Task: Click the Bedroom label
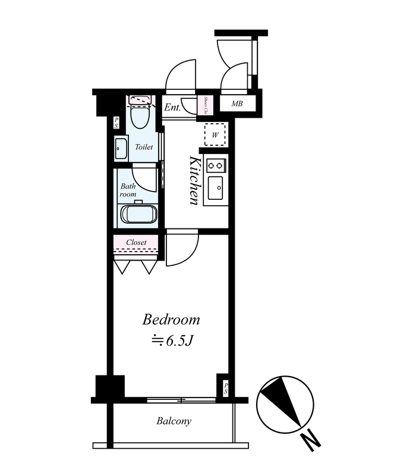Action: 171,320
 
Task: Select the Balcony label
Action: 174,421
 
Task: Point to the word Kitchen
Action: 194,180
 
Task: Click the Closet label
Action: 136,242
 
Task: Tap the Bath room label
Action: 128,190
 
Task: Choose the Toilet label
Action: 144,147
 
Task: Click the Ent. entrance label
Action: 172,107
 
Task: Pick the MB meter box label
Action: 237,104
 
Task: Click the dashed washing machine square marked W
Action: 215,134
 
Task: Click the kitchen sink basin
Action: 215,188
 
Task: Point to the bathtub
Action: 139,214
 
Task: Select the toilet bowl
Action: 140,117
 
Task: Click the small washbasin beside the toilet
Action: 121,148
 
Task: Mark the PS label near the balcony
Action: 226,389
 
